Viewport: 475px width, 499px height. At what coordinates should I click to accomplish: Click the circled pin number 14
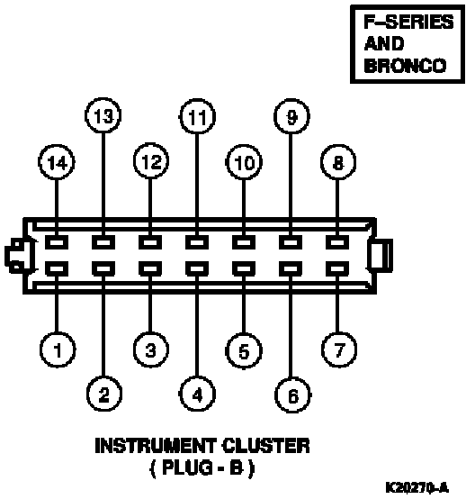tap(57, 162)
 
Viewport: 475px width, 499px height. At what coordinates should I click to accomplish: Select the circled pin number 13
tap(103, 115)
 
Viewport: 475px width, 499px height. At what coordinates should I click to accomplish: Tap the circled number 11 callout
tap(197, 116)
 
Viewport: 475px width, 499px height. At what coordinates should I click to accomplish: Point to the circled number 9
tap(291, 116)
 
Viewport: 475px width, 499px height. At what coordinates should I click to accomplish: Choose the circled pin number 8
tap(338, 162)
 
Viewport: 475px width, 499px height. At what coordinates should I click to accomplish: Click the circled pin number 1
tap(58, 349)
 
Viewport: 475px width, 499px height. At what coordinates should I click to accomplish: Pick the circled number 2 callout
tap(104, 394)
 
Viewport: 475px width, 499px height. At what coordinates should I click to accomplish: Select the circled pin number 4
tap(197, 394)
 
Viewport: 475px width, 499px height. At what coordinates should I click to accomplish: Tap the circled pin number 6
tap(292, 395)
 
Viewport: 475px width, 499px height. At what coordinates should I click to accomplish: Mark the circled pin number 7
tap(339, 349)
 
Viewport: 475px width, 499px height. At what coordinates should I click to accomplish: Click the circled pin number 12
tap(151, 161)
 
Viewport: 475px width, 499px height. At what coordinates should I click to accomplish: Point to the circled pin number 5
tap(244, 350)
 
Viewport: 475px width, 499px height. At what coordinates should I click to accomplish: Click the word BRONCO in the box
tap(405, 66)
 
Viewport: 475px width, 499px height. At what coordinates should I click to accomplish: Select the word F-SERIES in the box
tap(408, 22)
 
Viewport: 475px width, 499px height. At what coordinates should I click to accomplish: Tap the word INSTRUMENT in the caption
tap(155, 446)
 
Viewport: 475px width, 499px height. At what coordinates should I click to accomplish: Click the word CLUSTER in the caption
tap(265, 446)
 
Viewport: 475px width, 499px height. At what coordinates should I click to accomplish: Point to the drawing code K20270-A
tap(417, 487)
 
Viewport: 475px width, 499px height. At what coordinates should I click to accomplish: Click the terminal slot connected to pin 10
tap(244, 242)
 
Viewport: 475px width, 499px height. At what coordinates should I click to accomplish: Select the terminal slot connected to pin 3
tap(150, 269)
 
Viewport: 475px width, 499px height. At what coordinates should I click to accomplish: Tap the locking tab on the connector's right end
tap(381, 256)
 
